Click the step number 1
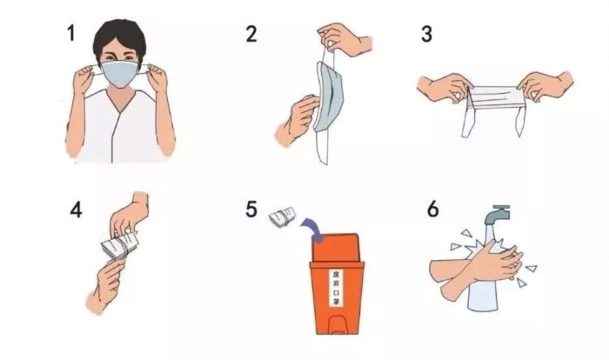[x=71, y=33]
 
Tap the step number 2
[x=251, y=34]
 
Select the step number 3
[x=426, y=34]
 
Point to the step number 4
[x=77, y=210]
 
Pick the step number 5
[x=251, y=209]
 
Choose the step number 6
[x=433, y=209]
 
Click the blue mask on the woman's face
[x=120, y=74]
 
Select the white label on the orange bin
[x=336, y=287]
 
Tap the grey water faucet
[x=497, y=214]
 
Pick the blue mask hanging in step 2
[x=329, y=96]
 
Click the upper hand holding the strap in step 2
[x=344, y=39]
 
